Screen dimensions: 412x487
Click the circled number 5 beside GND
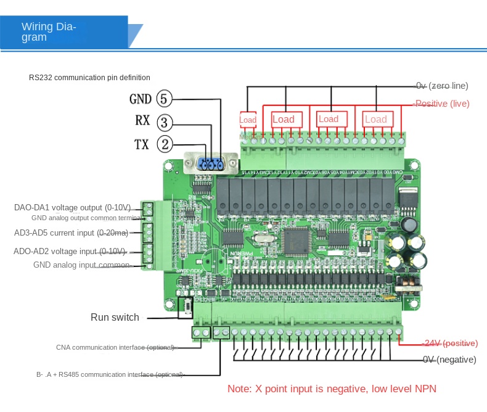click(165, 99)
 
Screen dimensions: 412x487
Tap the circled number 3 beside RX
click(165, 122)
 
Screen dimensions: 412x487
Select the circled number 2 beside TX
click(165, 144)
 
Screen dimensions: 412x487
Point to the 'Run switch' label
click(115, 318)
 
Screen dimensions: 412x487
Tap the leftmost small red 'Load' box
click(248, 120)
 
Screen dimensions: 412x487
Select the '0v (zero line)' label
click(441, 86)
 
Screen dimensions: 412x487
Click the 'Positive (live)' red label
click(441, 104)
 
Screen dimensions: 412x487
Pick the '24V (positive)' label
click(449, 343)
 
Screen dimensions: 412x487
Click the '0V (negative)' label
click(449, 360)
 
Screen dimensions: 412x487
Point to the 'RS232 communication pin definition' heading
click(89, 78)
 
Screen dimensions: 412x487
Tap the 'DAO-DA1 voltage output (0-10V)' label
click(73, 207)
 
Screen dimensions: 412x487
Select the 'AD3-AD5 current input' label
click(72, 233)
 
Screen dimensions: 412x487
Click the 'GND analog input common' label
click(82, 265)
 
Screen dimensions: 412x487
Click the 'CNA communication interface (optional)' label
click(116, 347)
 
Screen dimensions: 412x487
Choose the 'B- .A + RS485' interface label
click(109, 374)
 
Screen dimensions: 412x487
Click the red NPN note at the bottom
click(332, 389)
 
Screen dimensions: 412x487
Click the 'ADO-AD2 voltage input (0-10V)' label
click(70, 252)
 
